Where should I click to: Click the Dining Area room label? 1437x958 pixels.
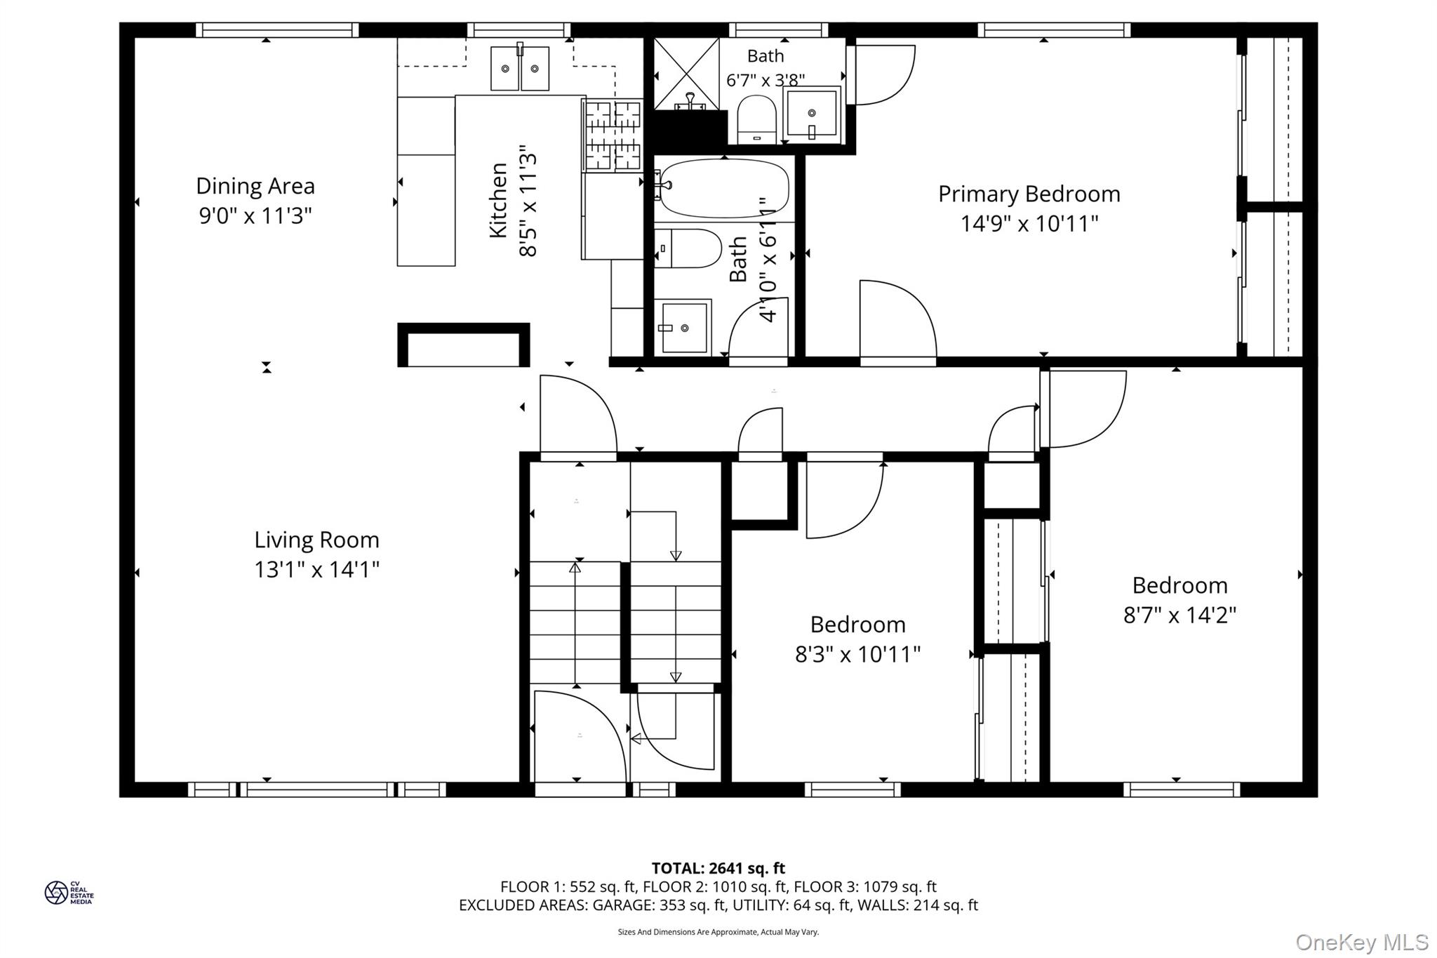click(x=255, y=186)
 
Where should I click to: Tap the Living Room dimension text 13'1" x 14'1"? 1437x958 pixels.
click(x=316, y=569)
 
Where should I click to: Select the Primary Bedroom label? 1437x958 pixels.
click(x=1029, y=194)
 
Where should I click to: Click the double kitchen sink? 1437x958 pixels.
click(x=519, y=67)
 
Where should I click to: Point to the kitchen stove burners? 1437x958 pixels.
click(x=612, y=135)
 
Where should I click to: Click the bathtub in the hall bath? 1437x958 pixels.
click(x=722, y=188)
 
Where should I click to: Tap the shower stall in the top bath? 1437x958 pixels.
click(x=687, y=74)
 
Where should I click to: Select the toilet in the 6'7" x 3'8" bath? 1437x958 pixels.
click(x=757, y=120)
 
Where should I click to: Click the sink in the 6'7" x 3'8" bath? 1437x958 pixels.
click(x=812, y=114)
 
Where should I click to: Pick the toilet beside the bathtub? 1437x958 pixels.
click(x=688, y=248)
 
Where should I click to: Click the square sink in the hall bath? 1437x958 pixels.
click(x=683, y=327)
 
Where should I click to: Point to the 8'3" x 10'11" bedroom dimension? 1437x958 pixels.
click(x=857, y=655)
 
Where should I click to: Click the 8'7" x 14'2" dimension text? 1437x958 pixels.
click(x=1179, y=616)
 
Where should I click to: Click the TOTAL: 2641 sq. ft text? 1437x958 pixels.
click(x=718, y=868)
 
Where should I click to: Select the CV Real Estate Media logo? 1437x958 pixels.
click(x=69, y=893)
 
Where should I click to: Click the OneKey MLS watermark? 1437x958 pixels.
click(x=1362, y=942)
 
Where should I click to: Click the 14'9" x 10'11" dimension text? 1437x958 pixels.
click(x=1029, y=224)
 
